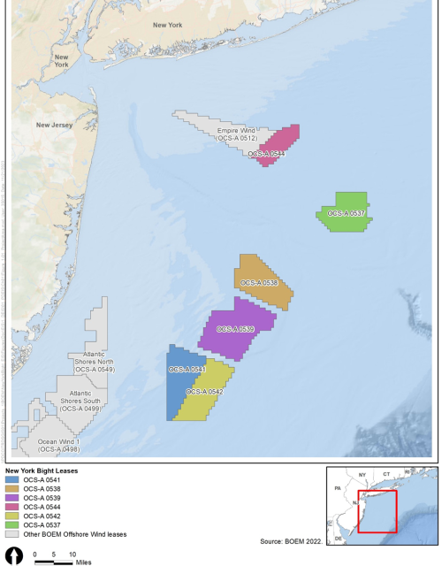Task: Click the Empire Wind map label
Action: (237, 134)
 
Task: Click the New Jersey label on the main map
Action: (54, 126)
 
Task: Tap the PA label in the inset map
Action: (336, 488)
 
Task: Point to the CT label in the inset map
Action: (386, 475)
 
